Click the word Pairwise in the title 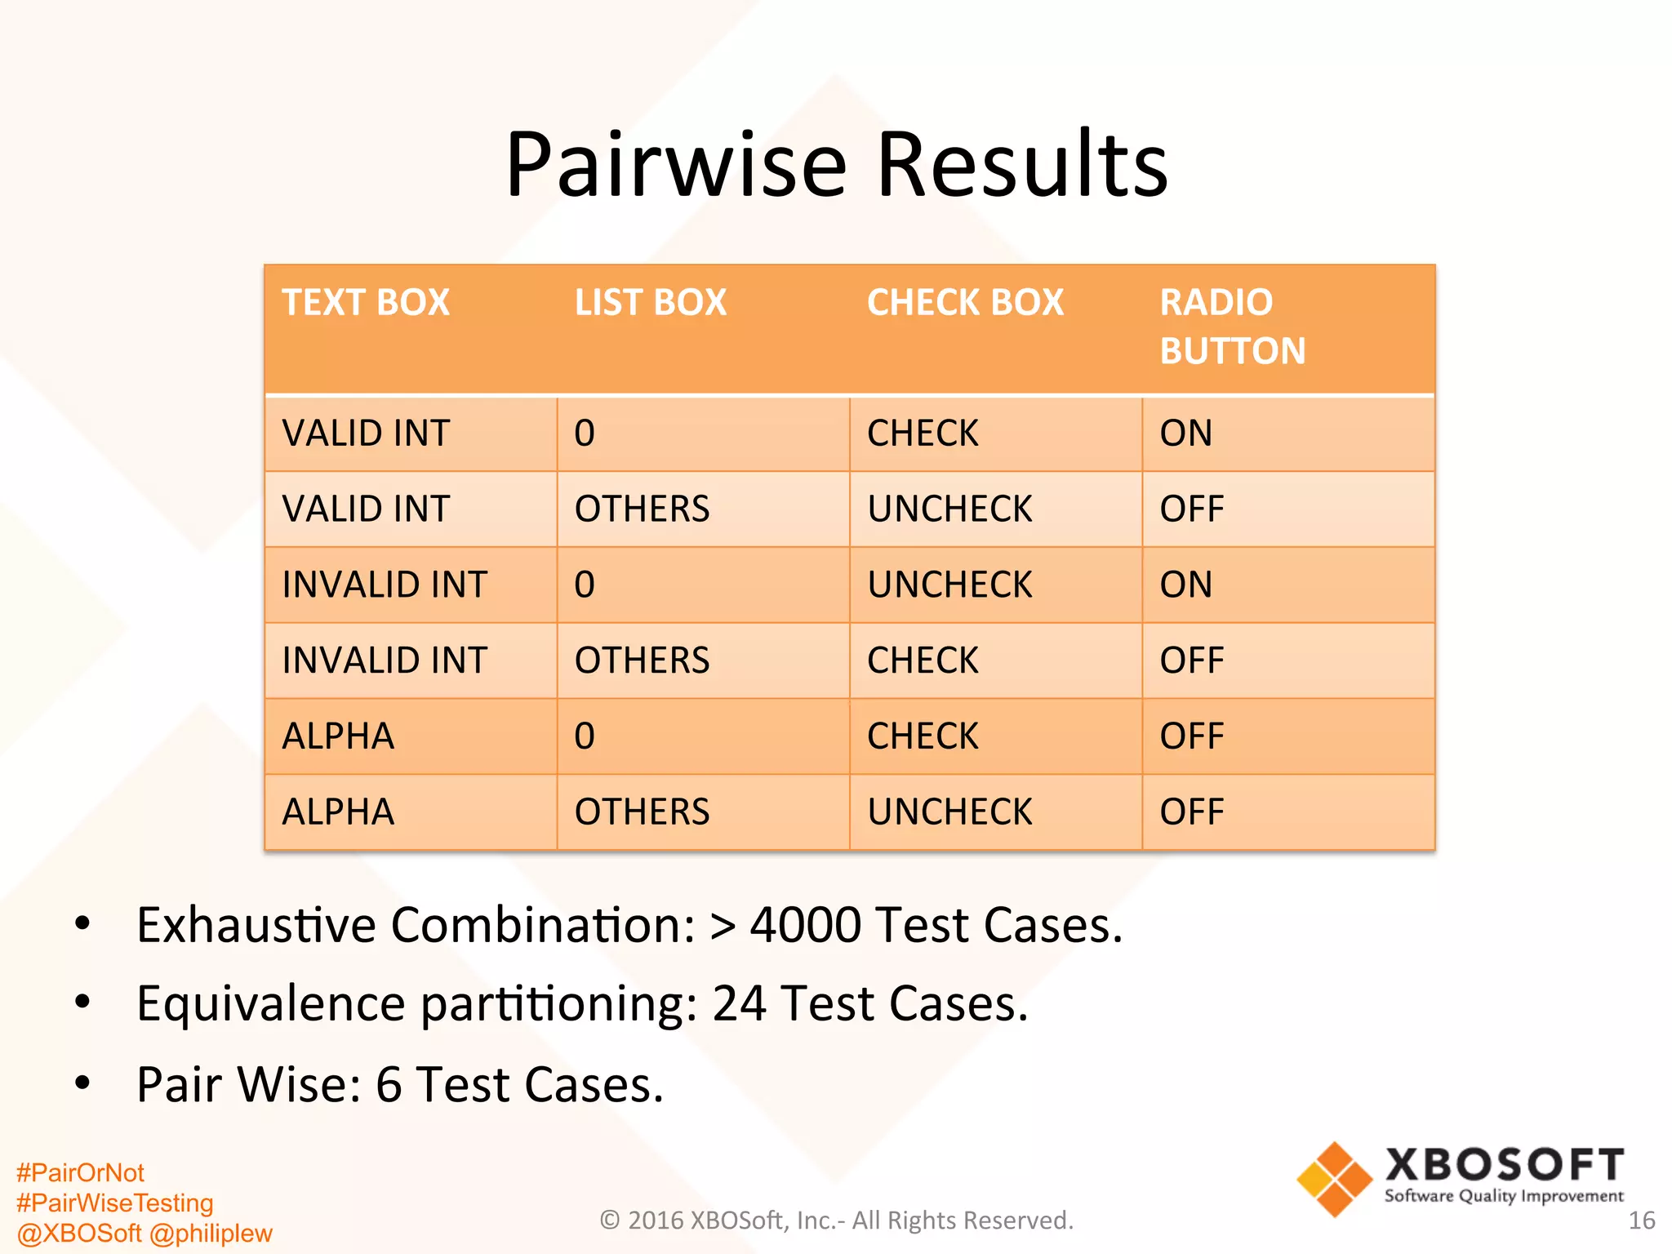point(676,165)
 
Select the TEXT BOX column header point(366,303)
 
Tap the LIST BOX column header point(650,303)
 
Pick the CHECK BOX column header point(965,303)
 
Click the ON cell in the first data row point(1185,434)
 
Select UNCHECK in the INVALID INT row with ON point(949,585)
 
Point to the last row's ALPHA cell point(338,812)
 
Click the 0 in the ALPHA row point(585,736)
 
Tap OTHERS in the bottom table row point(642,812)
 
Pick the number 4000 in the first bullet point(805,925)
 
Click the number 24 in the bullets point(739,1003)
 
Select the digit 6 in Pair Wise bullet point(389,1085)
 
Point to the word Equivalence point(270,1003)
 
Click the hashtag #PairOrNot point(80,1173)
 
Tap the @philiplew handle point(211,1233)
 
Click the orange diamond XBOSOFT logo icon point(1334,1180)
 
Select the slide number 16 point(1641,1221)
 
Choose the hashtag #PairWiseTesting point(114,1203)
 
